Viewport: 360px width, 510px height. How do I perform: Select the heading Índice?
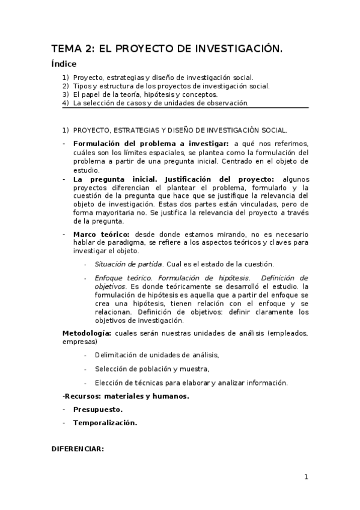pos(64,64)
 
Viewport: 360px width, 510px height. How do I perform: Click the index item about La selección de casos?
pos(160,103)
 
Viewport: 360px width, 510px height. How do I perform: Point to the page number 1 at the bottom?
pos(306,477)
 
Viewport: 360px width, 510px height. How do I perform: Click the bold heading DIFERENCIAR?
pos(78,448)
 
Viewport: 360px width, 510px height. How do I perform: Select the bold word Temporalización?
pos(105,422)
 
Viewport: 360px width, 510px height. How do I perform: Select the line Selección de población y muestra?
pos(151,369)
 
